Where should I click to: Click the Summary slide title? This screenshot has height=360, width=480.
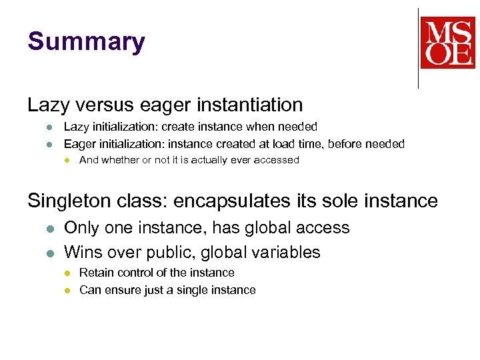(x=86, y=42)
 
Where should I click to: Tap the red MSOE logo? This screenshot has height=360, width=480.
(x=447, y=42)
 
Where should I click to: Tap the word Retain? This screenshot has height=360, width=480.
(x=96, y=273)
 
